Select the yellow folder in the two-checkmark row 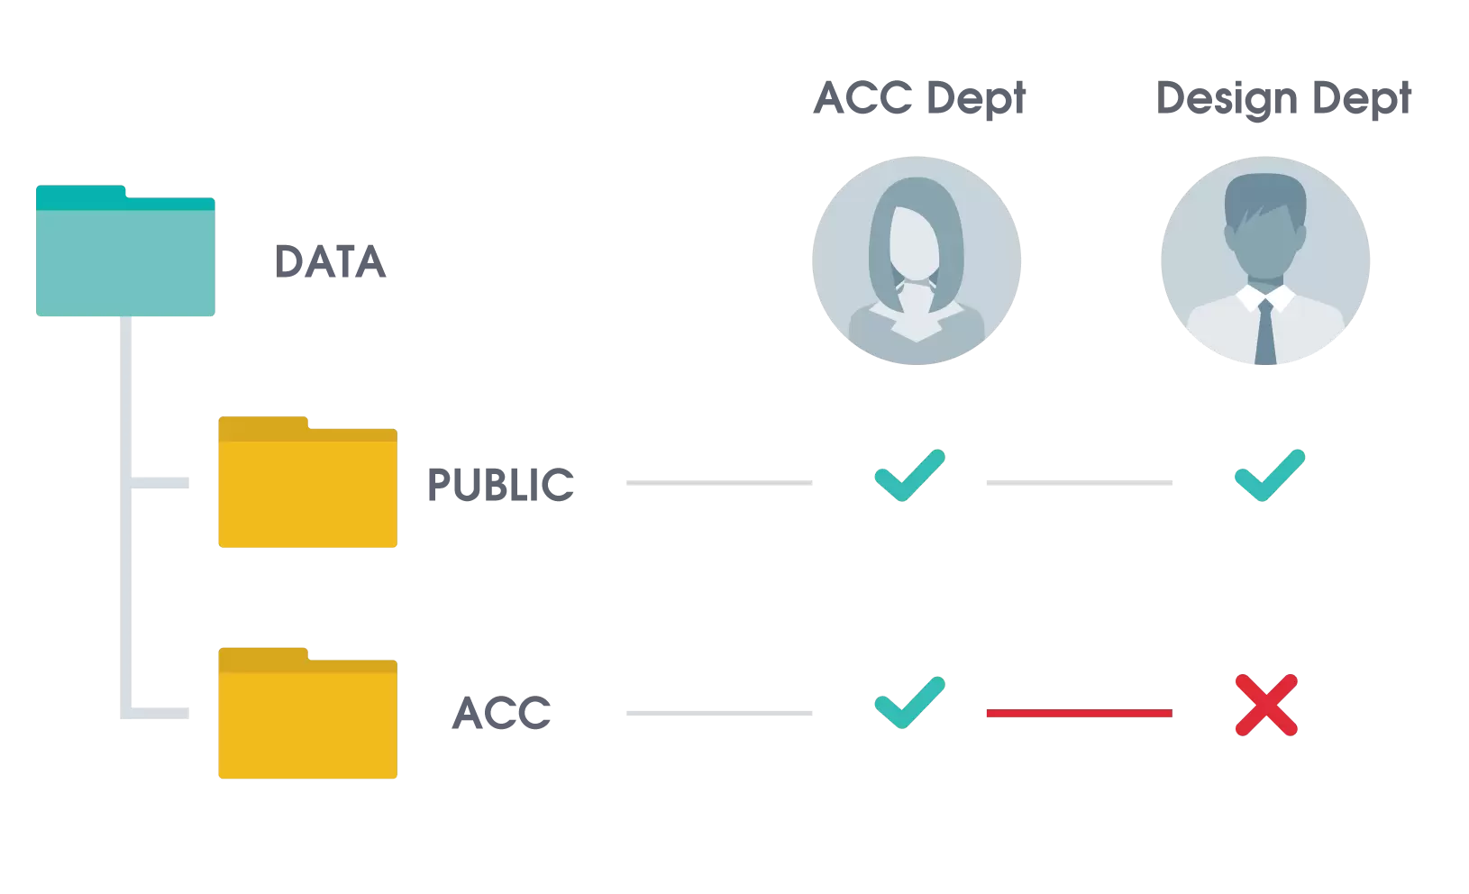coord(307,492)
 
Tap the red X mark coord(1265,705)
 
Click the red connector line coord(1079,713)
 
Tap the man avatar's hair coord(1265,193)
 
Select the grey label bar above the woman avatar coord(918,100)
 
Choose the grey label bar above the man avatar coord(1284,101)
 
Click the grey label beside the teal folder coord(331,260)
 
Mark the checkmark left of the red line coord(909,702)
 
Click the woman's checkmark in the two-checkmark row coord(909,475)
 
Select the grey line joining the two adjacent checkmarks coord(1079,483)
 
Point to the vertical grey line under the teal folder coord(125,514)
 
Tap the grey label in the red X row coord(500,713)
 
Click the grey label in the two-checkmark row coord(501,485)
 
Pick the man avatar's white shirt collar coord(1265,297)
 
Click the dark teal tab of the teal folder coord(81,192)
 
